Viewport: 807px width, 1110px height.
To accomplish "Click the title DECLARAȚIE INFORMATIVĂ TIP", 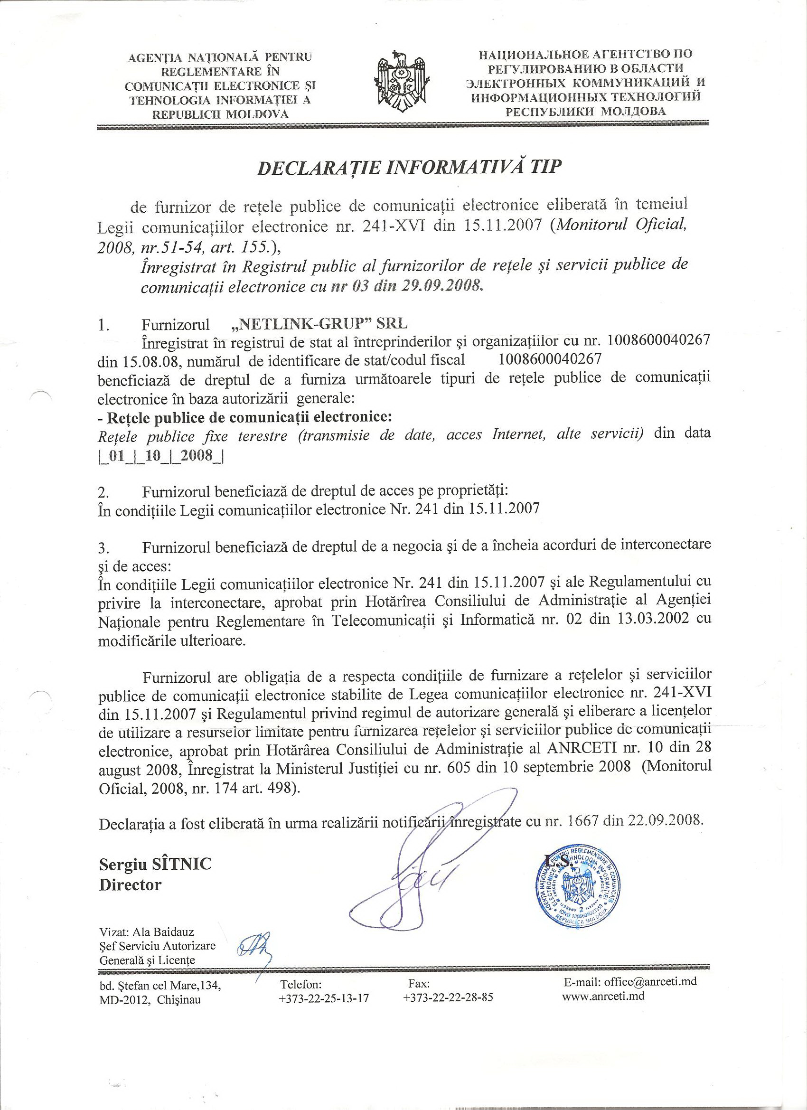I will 409,168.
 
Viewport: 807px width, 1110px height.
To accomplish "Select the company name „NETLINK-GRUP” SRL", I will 319,324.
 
